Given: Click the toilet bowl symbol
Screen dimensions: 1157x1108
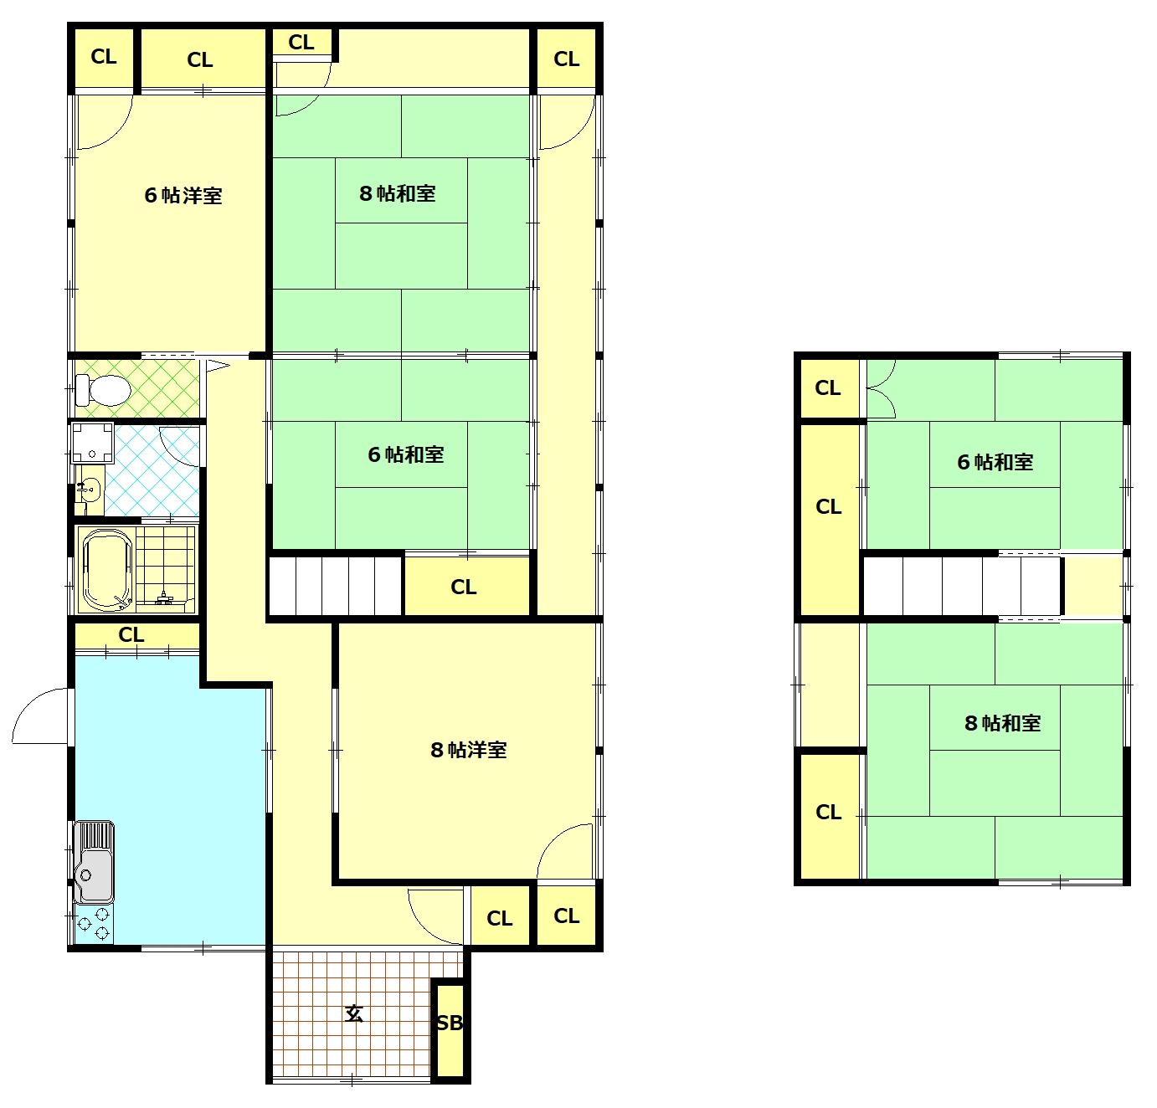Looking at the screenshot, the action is (x=104, y=391).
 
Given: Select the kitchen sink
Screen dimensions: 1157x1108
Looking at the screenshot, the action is (x=93, y=861).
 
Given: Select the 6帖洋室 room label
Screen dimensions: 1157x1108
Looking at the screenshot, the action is (x=183, y=196).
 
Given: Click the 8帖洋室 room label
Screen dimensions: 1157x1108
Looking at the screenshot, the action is (x=469, y=750).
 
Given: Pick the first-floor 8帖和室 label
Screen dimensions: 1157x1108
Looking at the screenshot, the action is (x=397, y=193).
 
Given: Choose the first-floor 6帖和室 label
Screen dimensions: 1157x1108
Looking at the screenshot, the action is (x=405, y=454).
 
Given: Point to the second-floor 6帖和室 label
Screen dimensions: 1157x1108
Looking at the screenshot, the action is (x=995, y=462).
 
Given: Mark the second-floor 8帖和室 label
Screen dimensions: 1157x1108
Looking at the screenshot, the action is (x=1002, y=723).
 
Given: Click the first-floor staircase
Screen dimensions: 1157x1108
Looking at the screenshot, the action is (x=336, y=586).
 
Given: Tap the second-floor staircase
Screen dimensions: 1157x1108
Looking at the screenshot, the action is (x=961, y=586).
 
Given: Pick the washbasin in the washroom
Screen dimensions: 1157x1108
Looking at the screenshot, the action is (x=90, y=490).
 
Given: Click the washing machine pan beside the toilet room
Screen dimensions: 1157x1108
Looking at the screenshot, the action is (x=92, y=443).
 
